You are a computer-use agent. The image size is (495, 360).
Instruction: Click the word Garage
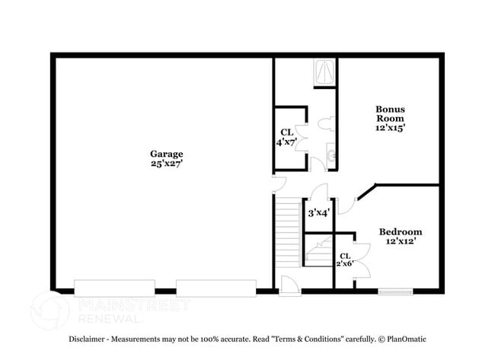point(166,154)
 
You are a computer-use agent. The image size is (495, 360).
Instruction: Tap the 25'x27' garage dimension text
point(166,163)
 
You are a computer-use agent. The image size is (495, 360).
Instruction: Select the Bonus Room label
point(389,113)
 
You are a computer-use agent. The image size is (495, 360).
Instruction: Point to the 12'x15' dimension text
point(389,128)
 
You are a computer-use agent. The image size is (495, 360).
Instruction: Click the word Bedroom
point(401,231)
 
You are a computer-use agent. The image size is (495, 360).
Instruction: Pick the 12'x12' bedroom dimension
point(401,241)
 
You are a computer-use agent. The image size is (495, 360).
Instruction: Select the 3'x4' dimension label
point(318,214)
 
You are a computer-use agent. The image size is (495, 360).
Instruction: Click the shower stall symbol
point(324,72)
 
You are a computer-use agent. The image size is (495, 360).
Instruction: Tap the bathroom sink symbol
point(331,156)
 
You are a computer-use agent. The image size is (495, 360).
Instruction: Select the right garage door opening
point(216,288)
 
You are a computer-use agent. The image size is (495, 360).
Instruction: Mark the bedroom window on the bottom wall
point(396,291)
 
